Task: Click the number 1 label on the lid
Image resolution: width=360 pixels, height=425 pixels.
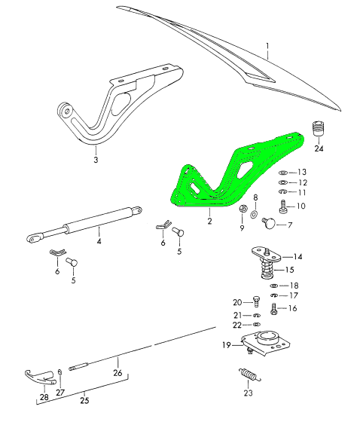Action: tap(267, 52)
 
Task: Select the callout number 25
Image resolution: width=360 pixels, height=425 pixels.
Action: tap(84, 400)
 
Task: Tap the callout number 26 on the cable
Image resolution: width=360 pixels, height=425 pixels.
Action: tap(117, 371)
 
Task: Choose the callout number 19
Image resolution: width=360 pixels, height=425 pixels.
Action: tap(226, 346)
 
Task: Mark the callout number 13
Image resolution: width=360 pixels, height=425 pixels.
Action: tap(303, 172)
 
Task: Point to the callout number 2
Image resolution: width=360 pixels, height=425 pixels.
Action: tap(210, 222)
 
